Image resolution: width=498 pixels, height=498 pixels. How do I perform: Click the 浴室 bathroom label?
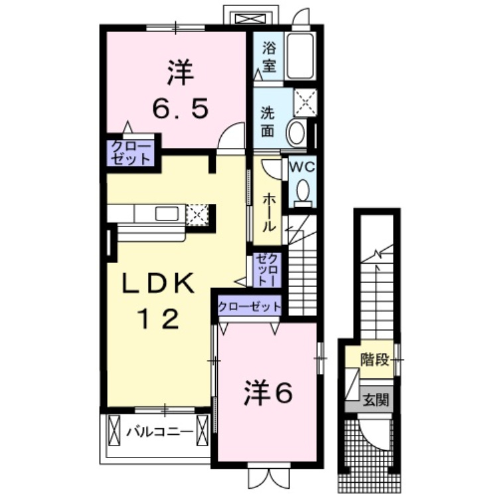(269, 57)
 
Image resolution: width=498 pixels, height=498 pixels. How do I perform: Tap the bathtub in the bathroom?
(300, 56)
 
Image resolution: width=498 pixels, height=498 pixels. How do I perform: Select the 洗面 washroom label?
(268, 122)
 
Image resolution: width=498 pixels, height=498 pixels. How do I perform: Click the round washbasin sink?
(296, 132)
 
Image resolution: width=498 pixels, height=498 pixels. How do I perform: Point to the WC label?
(301, 167)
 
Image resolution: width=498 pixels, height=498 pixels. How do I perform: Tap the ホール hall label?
(268, 213)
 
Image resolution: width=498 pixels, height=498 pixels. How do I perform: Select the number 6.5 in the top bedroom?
(181, 108)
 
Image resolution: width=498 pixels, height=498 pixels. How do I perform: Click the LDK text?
(159, 283)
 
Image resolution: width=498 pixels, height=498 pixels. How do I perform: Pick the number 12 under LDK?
(158, 319)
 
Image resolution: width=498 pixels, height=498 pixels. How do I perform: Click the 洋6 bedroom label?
(268, 394)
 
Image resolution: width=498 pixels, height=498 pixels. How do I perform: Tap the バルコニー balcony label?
(160, 432)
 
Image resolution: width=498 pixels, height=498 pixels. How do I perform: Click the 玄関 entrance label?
(376, 400)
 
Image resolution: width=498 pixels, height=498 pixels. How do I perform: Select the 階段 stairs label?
(374, 360)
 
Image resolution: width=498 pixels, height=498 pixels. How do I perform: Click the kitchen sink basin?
(167, 213)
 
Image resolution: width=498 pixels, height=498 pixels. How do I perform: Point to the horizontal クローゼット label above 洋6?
(249, 307)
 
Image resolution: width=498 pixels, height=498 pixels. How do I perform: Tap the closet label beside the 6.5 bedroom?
(131, 153)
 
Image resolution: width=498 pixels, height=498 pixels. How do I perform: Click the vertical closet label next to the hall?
(268, 270)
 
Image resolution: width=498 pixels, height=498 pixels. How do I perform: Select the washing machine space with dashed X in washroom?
(305, 102)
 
